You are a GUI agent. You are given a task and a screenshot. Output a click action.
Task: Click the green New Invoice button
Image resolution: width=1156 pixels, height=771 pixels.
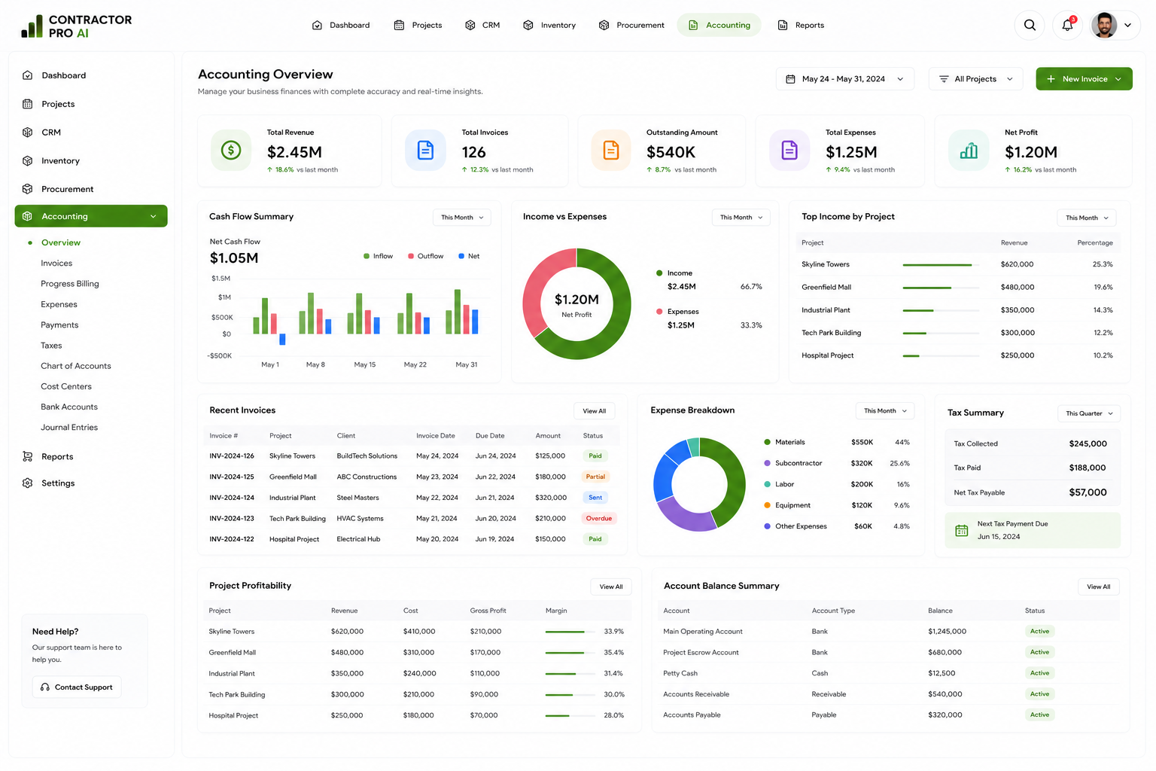pos(1084,79)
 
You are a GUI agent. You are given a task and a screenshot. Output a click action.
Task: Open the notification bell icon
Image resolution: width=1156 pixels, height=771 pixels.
pos(1067,25)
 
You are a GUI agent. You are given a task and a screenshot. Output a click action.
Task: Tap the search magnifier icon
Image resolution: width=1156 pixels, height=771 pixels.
pos(1030,25)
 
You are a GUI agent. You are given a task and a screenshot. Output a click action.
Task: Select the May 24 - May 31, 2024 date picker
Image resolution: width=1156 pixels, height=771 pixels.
pos(845,79)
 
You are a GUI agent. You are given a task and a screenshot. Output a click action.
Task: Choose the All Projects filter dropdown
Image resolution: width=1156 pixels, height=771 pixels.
pos(975,79)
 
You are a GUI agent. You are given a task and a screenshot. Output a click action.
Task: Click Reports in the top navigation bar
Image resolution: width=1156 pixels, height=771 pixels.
pos(801,25)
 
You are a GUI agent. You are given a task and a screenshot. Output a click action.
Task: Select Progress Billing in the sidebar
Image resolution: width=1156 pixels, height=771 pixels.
pos(70,284)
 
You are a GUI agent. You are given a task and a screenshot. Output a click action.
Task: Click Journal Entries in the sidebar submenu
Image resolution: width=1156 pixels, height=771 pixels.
pos(69,427)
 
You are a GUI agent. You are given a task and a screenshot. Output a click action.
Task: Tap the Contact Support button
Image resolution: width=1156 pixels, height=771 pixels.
pos(77,687)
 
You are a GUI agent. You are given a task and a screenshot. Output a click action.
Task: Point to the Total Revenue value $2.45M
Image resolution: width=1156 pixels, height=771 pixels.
pos(294,152)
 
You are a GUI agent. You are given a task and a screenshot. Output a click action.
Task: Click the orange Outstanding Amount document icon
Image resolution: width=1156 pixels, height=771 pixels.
pos(611,151)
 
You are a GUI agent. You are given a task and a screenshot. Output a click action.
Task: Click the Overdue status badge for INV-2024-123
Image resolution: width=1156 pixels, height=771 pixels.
pos(598,518)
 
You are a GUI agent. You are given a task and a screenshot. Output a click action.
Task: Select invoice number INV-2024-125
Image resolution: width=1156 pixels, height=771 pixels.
pos(232,477)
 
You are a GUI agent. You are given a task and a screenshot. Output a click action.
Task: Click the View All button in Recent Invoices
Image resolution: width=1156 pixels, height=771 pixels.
pos(594,411)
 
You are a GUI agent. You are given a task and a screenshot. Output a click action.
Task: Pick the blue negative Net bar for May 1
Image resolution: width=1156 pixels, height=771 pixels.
pos(282,340)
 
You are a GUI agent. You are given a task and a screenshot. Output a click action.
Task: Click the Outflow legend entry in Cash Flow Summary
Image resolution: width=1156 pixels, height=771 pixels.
pos(426,256)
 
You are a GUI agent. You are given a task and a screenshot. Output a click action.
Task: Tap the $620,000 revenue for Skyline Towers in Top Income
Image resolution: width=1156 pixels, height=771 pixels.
pos(1017,264)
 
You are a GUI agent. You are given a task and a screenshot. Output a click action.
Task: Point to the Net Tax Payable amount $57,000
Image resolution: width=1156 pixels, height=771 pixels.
pos(1088,492)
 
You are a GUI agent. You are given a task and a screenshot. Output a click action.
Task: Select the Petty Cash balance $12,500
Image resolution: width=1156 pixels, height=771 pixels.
pos(942,673)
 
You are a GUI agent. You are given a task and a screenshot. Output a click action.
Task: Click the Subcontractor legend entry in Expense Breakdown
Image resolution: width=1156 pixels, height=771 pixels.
pos(793,463)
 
